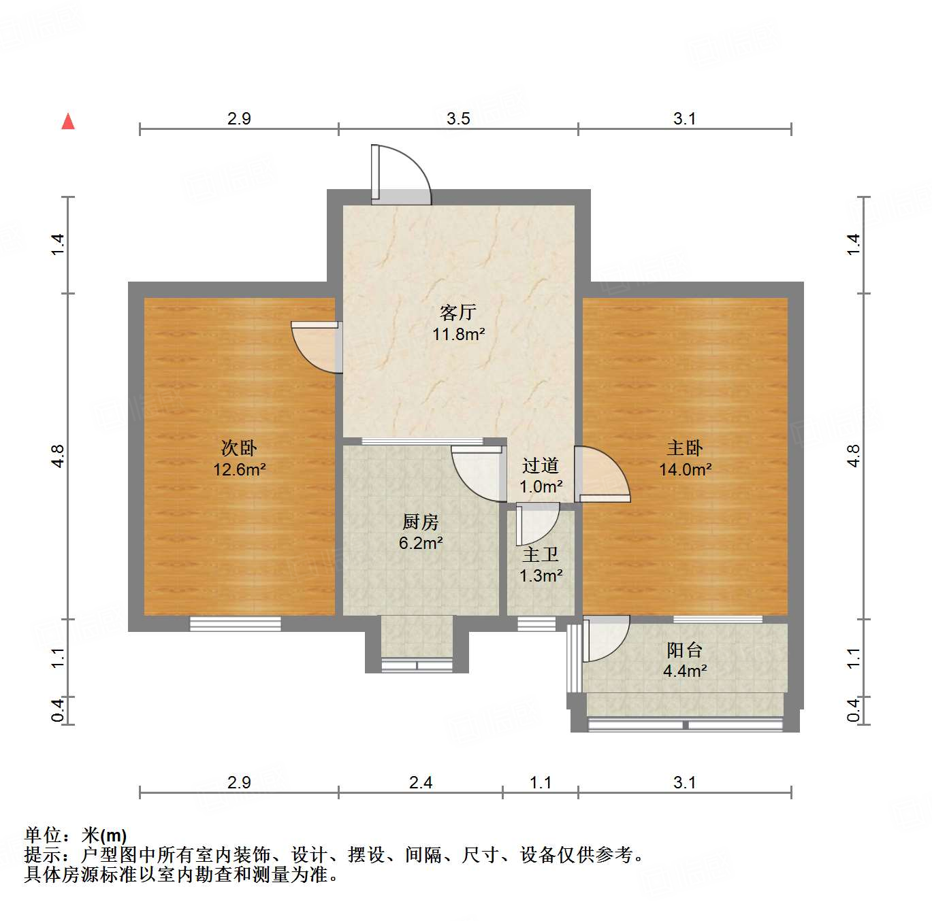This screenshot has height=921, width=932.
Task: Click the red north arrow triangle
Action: (68, 122)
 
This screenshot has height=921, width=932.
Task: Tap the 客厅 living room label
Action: (457, 312)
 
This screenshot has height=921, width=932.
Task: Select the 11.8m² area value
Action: (458, 334)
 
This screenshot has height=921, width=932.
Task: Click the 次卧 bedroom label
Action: (239, 448)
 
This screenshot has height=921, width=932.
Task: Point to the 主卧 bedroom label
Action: (685, 448)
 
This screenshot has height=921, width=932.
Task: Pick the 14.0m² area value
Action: (685, 469)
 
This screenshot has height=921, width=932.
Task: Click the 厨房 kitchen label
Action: (421, 522)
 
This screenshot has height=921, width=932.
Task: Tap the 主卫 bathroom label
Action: (541, 554)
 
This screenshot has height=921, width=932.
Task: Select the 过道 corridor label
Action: (541, 465)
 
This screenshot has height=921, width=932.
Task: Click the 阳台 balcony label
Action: (684, 650)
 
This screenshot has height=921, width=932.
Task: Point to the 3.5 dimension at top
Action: (458, 118)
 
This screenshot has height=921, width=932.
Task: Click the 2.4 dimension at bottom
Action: (420, 782)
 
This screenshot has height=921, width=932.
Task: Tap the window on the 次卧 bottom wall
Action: (235, 623)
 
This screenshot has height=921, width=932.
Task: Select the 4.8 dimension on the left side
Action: (59, 455)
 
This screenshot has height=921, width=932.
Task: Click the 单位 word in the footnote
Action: (43, 835)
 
